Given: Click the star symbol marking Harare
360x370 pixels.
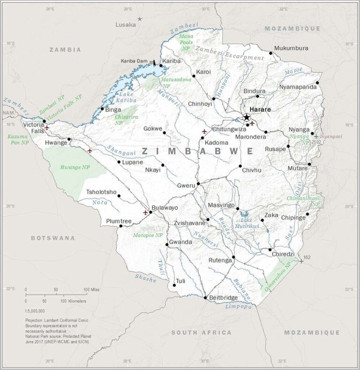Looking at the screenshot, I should click(247, 117).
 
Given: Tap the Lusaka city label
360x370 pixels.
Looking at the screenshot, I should click(125, 24).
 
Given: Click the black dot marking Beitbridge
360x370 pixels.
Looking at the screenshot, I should click(205, 297).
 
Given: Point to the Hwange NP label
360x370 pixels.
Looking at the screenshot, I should click(75, 167).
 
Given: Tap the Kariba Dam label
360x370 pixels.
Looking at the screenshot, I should click(134, 61).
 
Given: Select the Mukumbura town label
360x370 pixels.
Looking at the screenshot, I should click(291, 48).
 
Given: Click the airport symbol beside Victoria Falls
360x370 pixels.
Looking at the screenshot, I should click(47, 128).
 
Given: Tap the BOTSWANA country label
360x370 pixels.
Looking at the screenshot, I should click(53, 238).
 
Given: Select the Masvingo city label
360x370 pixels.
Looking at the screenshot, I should click(221, 205).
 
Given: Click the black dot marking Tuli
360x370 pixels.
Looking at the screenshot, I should click(174, 285).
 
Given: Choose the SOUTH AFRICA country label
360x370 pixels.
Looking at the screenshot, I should click(201, 332).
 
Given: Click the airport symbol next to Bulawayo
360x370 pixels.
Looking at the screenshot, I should click(145, 212).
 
